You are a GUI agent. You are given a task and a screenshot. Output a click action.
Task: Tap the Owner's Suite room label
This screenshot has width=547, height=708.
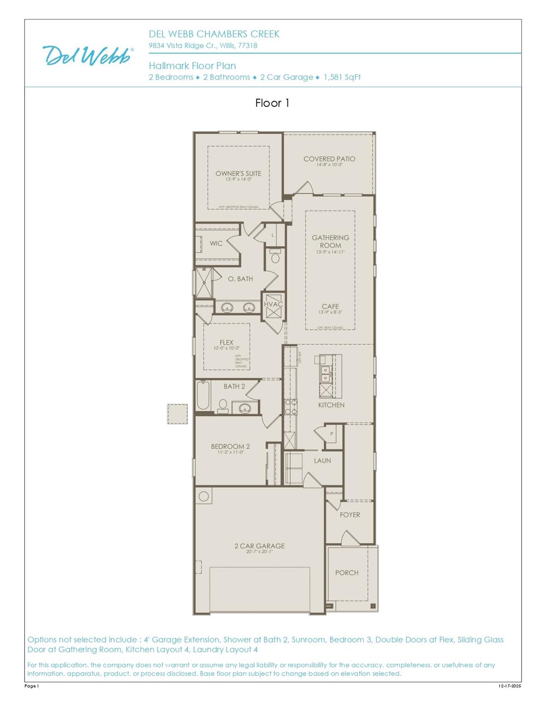[x=238, y=173]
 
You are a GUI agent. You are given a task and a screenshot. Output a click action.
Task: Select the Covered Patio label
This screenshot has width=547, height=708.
[x=329, y=159]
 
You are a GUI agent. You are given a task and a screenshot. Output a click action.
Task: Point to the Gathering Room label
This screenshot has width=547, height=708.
[x=330, y=242]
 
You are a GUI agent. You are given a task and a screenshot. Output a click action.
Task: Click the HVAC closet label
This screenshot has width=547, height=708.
[x=273, y=304]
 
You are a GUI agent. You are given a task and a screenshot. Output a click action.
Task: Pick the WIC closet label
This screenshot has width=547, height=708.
[x=216, y=243]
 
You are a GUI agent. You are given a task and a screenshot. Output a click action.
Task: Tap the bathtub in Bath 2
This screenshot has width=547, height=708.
[x=203, y=395]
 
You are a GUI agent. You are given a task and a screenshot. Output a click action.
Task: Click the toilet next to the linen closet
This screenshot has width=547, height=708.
[x=275, y=257]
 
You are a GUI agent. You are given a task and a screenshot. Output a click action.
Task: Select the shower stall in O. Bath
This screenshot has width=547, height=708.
[x=203, y=282]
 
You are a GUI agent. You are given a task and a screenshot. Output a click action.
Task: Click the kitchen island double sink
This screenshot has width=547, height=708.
[x=325, y=374]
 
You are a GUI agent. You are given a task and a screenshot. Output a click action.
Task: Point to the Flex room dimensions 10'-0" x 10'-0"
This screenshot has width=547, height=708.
[x=226, y=348]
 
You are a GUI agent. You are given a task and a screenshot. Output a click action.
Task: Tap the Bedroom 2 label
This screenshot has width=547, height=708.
[x=230, y=446]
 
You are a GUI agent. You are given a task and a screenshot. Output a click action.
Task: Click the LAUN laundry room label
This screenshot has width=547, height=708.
[x=322, y=460]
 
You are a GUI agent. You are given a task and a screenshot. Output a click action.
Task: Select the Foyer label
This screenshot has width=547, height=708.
[x=350, y=515]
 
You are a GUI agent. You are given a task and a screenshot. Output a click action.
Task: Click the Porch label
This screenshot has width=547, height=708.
[x=347, y=572]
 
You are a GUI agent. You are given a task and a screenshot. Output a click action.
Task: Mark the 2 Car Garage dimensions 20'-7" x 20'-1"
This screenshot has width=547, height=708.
[x=259, y=552]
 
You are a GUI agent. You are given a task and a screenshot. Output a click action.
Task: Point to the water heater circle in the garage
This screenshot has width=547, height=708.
[x=204, y=496]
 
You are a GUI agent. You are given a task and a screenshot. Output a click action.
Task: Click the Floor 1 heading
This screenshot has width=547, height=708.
[x=272, y=103]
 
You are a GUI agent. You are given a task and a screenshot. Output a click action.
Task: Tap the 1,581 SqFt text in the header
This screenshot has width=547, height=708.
[x=342, y=77]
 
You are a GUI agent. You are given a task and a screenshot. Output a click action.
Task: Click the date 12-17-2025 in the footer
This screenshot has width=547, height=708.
[x=509, y=686]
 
